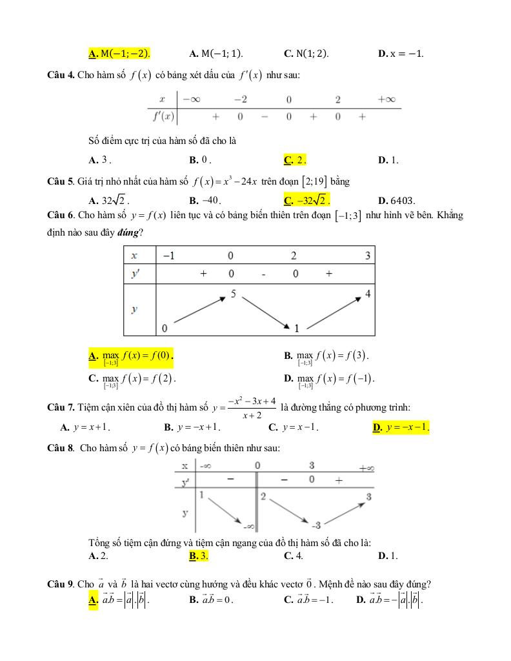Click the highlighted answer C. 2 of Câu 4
point(295,160)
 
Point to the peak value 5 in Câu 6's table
point(233,294)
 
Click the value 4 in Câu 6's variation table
point(367,294)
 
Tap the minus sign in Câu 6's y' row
point(263,274)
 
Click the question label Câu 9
point(61,585)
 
